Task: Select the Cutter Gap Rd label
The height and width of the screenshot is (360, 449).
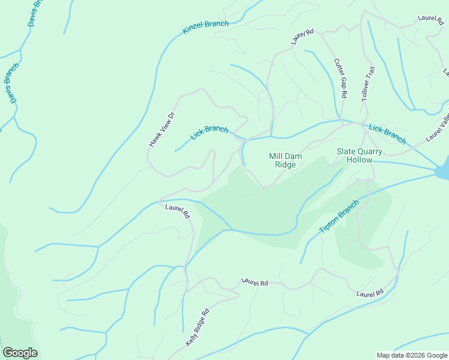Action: point(340,79)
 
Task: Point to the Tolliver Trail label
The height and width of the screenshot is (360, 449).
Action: point(367,85)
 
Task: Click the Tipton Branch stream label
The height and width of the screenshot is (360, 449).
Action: point(339,217)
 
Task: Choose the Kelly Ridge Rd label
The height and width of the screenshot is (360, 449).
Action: point(197,327)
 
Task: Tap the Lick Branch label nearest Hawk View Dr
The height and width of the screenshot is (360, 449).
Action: point(209,132)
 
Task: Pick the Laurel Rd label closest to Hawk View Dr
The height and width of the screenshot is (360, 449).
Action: point(178,211)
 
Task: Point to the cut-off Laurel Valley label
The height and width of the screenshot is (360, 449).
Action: point(438,130)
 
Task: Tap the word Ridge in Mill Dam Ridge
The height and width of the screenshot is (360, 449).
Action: point(285,164)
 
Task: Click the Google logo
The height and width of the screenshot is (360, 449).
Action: point(20,353)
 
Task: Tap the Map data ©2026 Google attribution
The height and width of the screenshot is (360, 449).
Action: point(412,355)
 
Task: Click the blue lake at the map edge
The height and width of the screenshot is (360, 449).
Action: point(443,172)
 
